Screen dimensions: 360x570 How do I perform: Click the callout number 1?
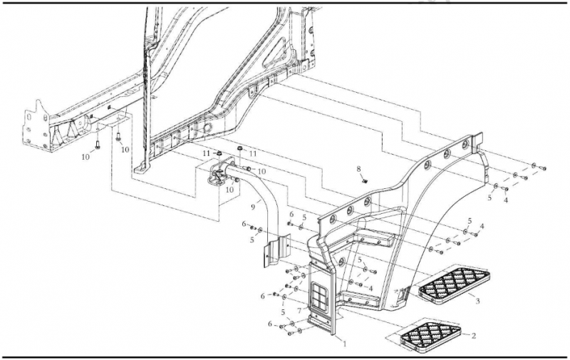345,344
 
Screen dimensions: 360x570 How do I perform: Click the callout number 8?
359,169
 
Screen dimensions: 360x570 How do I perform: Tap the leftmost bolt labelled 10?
99,144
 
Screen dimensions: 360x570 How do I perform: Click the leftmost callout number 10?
86,155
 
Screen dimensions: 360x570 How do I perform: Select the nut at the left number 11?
219,155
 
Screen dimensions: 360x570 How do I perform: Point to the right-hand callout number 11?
252,153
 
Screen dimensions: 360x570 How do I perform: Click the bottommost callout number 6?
271,324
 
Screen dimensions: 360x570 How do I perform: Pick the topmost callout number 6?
291,214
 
